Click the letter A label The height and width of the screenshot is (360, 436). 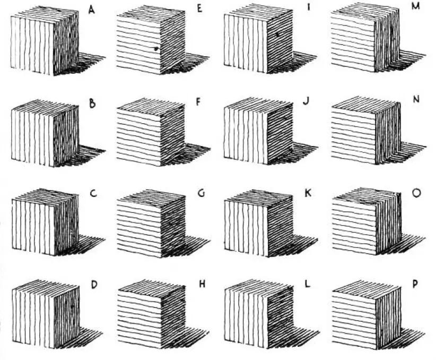pyautogui.click(x=91, y=10)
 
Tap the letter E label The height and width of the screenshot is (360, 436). pyautogui.click(x=199, y=8)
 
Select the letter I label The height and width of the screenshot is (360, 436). pyautogui.click(x=308, y=7)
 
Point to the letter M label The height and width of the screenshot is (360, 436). pyautogui.click(x=415, y=6)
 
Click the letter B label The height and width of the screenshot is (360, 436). pyautogui.click(x=92, y=104)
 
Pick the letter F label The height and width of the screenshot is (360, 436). pyautogui.click(x=198, y=102)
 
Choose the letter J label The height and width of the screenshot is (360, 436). pyautogui.click(x=306, y=101)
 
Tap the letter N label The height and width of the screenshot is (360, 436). pyautogui.click(x=416, y=99)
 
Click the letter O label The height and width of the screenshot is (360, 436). pyautogui.click(x=416, y=193)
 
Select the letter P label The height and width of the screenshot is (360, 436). pyautogui.click(x=415, y=284)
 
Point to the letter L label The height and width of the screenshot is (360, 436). pyautogui.click(x=307, y=284)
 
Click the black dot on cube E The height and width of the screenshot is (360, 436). pyautogui.click(x=156, y=49)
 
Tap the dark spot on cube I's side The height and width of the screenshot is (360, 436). pyautogui.click(x=277, y=35)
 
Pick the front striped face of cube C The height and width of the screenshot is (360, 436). pyautogui.click(x=33, y=227)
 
